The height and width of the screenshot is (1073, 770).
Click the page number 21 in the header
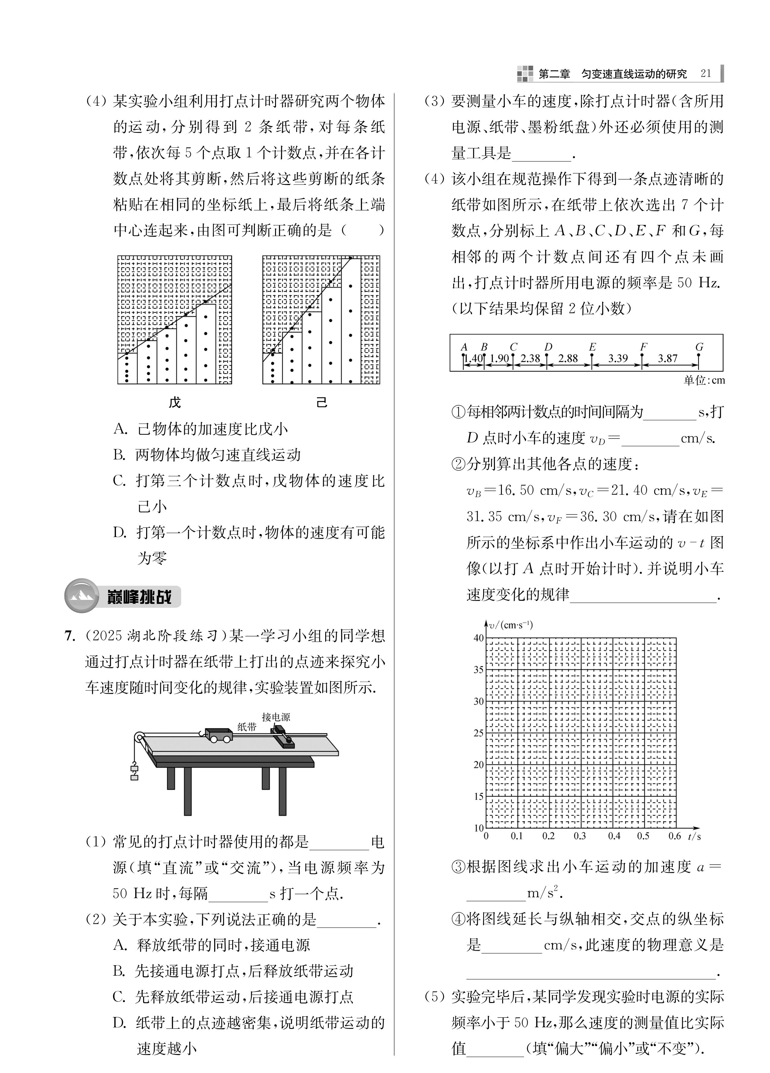pos(706,73)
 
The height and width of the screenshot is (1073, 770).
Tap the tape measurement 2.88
pos(568,359)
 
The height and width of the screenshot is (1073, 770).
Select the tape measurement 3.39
pos(618,359)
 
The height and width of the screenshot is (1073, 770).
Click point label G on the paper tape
pos(699,347)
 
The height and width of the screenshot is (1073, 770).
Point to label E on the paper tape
pos(592,347)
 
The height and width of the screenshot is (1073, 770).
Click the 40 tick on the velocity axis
pos(479,638)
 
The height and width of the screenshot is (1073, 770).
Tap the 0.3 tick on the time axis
pos(580,836)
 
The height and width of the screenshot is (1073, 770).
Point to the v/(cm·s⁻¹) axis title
pos(511,625)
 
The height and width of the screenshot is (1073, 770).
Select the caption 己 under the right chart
pos(322,403)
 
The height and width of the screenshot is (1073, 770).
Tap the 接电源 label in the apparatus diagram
pos(276,717)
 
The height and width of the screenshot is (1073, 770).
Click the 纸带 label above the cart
pos(247,727)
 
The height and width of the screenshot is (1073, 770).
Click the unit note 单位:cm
pos(704,380)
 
